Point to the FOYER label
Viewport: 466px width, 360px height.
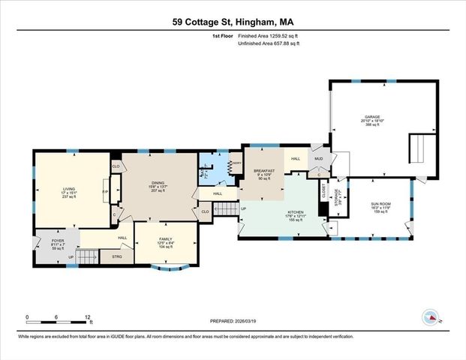pyautogui.click(x=59, y=241)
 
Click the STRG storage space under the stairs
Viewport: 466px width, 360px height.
pyautogui.click(x=116, y=256)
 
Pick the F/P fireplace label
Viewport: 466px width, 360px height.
pyautogui.click(x=105, y=191)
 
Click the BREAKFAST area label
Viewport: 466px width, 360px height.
pyautogui.click(x=264, y=172)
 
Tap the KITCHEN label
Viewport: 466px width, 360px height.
pyautogui.click(x=295, y=212)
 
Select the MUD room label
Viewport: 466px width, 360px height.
pyautogui.click(x=318, y=159)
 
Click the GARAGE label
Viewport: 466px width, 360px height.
pyautogui.click(x=372, y=117)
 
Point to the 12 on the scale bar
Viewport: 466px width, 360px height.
pyautogui.click(x=89, y=316)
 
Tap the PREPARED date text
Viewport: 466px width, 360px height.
pyautogui.click(x=232, y=322)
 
